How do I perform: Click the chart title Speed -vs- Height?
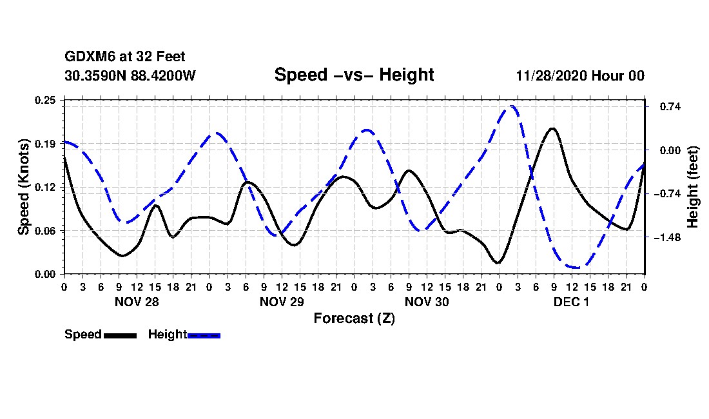point(354,75)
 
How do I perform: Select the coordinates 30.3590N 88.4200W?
point(130,75)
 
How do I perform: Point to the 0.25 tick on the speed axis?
point(46,100)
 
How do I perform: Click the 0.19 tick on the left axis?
point(46,144)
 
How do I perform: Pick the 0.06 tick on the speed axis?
point(46,231)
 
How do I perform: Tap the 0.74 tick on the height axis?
point(664,106)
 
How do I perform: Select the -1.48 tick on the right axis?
point(666,237)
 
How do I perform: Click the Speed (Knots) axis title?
point(24,187)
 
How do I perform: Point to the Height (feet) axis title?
point(694,187)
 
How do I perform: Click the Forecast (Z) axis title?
point(354,318)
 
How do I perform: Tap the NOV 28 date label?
point(137,302)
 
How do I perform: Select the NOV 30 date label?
point(427,302)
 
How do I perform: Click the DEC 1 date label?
point(571,302)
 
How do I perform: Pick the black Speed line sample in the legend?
point(120,335)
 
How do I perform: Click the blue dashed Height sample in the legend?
point(204,335)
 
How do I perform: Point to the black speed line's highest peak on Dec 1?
point(552,128)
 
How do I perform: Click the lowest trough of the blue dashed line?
point(576,267)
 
